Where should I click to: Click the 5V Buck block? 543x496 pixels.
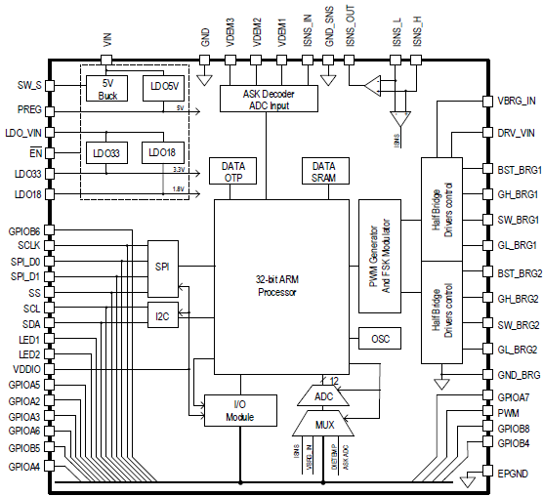tap(107, 89)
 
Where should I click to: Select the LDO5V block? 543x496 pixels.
tap(161, 89)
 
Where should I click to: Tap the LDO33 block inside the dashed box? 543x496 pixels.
tap(107, 153)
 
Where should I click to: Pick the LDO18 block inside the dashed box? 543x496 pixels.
tap(161, 153)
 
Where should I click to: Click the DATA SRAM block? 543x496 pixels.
tap(324, 171)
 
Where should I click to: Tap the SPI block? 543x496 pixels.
tap(163, 266)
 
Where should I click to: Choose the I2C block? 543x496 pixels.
tap(163, 314)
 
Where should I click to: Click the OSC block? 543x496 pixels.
tap(380, 339)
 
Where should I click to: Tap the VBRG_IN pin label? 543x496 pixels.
tap(517, 100)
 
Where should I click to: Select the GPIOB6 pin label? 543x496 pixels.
tap(22, 230)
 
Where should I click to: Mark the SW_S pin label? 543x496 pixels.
tap(29, 86)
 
